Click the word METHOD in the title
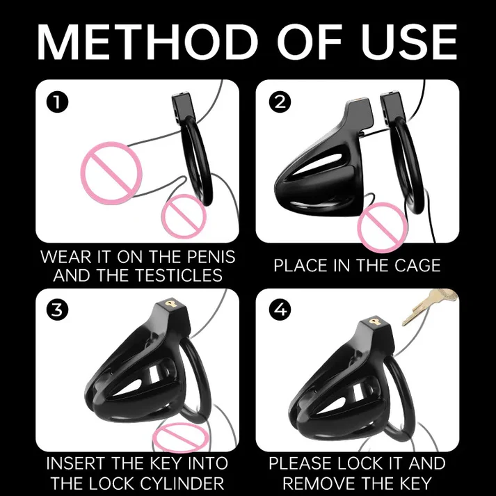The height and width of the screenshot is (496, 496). [x=147, y=42]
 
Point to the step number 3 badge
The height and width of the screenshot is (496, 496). [x=57, y=310]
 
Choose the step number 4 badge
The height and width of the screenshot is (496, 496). [x=280, y=310]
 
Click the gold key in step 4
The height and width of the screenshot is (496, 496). [x=430, y=306]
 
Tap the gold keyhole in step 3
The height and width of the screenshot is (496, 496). [x=173, y=304]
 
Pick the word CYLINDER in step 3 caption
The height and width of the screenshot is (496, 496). [x=182, y=483]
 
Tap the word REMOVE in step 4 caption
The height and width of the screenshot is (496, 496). [x=319, y=483]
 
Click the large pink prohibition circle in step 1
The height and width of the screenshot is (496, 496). [x=111, y=173]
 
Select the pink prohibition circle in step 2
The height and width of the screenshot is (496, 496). [x=383, y=227]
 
